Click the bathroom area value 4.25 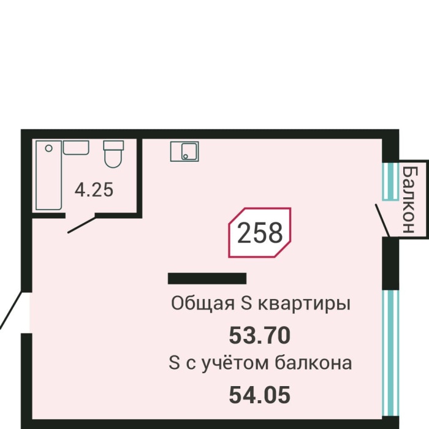point(94,190)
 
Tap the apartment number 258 point(259,233)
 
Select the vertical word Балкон point(409,198)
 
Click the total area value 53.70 point(259,335)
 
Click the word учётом point(236,363)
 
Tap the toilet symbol point(113,154)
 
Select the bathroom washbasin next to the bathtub point(76,148)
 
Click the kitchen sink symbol point(184,151)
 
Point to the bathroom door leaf point(81,224)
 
